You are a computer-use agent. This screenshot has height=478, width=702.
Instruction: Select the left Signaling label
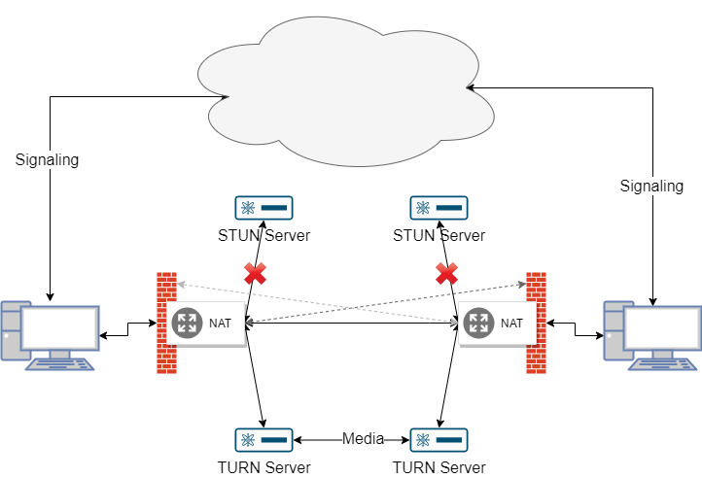[x=47, y=159]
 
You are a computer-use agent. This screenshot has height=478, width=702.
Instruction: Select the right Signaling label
[x=651, y=186]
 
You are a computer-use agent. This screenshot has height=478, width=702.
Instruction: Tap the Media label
[x=363, y=439]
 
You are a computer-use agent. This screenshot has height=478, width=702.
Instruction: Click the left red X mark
[x=255, y=273]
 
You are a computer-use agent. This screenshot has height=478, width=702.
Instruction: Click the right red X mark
[x=446, y=273]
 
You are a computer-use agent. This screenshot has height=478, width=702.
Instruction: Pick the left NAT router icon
[x=187, y=323]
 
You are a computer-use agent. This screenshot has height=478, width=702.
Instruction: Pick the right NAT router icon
[x=478, y=323]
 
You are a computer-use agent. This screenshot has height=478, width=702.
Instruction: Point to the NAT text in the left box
[x=221, y=324]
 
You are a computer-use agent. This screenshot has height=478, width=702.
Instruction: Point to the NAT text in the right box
[x=512, y=324]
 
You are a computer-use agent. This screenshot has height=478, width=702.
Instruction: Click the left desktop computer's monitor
[x=60, y=327]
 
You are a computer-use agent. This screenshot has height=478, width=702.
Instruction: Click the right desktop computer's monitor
[x=661, y=327]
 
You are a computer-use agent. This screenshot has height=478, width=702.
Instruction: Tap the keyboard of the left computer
[x=60, y=363]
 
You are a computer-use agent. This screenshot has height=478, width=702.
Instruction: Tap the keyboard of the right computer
[x=663, y=363]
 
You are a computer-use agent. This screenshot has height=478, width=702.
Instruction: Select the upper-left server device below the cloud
[x=263, y=207]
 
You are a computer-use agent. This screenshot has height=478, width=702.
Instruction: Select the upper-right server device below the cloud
[x=439, y=207]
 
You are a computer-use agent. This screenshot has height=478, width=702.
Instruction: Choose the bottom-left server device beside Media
[x=263, y=439]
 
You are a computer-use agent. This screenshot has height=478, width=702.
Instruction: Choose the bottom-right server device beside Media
[x=439, y=439]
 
